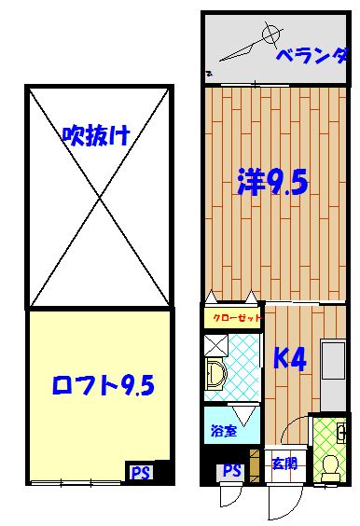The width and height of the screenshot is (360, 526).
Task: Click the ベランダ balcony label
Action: tap(312, 56)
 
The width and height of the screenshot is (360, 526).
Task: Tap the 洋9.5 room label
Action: tap(272, 182)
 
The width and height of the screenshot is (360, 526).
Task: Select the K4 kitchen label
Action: tap(290, 358)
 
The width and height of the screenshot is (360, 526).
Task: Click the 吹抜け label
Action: tap(96, 135)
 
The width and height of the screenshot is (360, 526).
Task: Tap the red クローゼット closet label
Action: tap(237, 317)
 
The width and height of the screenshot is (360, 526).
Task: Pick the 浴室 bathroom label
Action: tap(224, 430)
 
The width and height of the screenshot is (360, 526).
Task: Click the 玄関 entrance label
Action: tap(284, 464)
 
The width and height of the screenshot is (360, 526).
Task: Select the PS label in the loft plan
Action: tap(141, 473)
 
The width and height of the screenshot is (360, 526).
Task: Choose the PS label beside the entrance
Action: tap(232, 470)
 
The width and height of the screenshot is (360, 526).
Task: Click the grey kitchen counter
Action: tap(333, 375)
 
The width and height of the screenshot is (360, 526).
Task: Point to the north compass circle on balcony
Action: tap(270, 34)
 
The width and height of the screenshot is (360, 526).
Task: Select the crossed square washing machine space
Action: tap(216, 345)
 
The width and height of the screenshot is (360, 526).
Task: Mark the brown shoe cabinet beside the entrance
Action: tap(255, 466)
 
